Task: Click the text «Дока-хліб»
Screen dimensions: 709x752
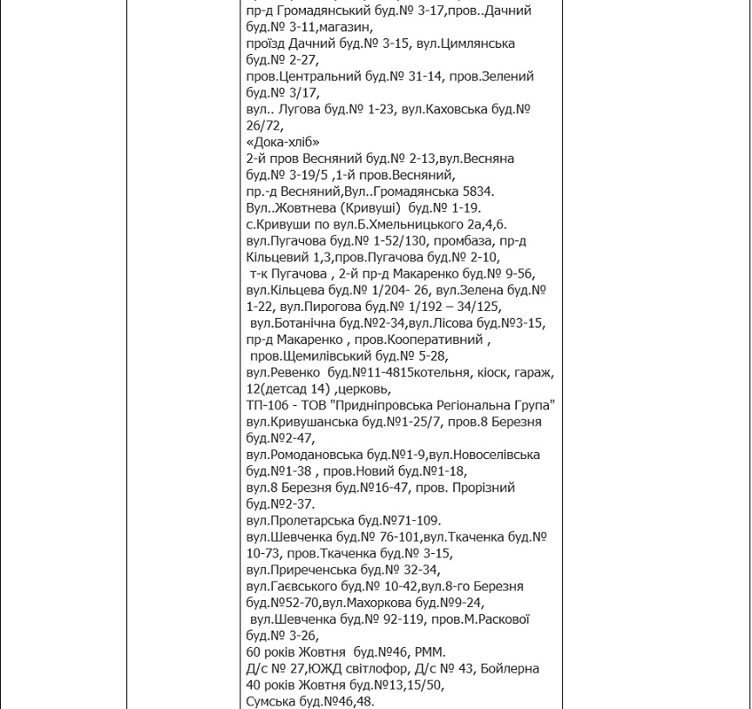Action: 283,142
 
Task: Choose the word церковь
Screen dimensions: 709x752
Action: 364,389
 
